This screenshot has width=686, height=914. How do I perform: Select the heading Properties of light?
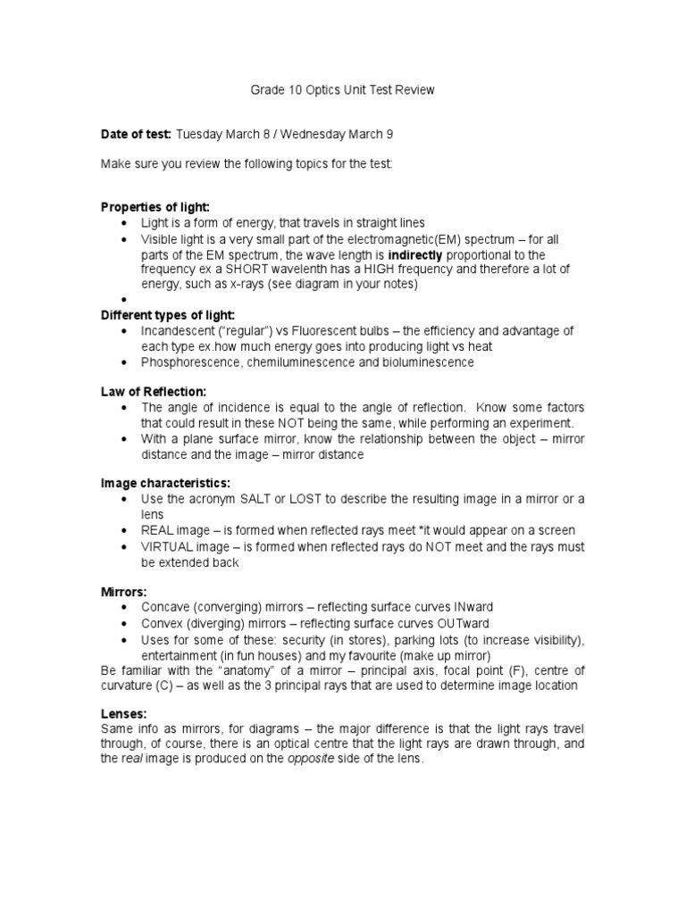155,207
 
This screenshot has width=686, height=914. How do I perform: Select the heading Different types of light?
168,315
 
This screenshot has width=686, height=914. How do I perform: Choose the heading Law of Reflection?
153,392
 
